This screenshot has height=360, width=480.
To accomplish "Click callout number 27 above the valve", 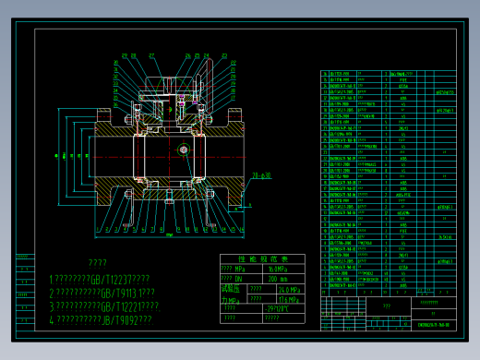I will [151, 55].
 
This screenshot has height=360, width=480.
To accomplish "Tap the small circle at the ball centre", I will [184, 149].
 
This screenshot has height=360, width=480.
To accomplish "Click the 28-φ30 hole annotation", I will [261, 174].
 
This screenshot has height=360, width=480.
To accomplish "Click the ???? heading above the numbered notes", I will [98, 263].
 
